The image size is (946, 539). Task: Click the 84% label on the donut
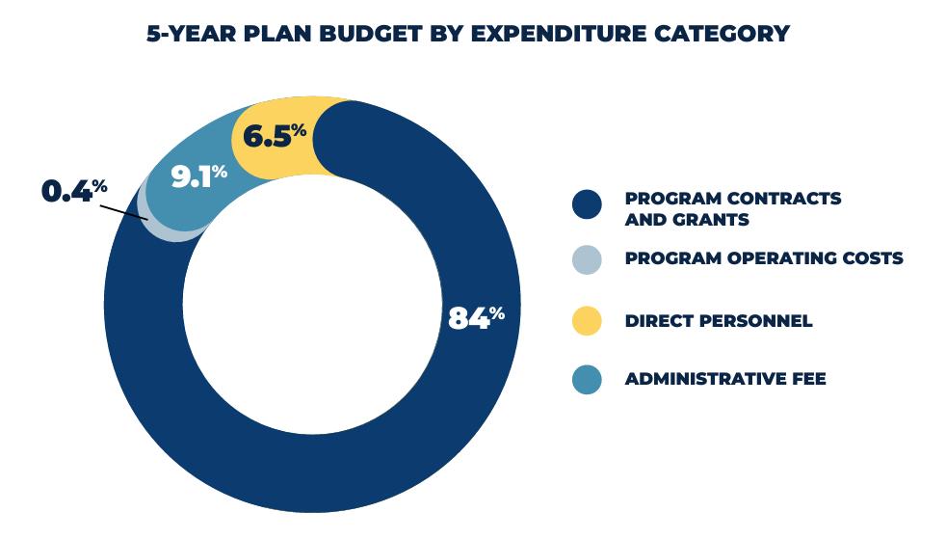(476, 317)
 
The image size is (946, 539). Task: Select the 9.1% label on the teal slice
(198, 176)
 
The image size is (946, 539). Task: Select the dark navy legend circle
(586, 204)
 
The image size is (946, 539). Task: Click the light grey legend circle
(586, 259)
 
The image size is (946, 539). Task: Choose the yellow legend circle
(586, 321)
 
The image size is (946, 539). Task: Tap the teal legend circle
(586, 379)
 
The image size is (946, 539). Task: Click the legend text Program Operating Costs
(763, 258)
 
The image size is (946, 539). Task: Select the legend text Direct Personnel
(718, 321)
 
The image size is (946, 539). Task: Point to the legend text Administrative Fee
(724, 379)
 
